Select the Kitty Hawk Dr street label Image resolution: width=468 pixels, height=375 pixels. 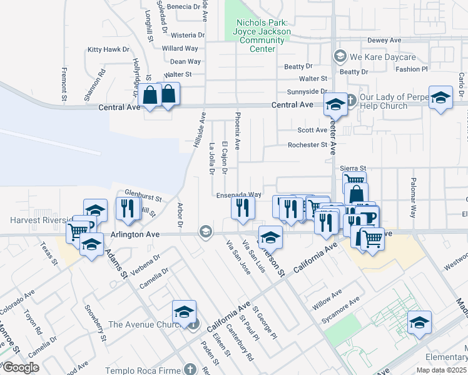tap(108, 49)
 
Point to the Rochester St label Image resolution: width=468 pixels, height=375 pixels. tap(307, 145)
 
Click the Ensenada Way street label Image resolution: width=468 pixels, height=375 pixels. tap(238, 195)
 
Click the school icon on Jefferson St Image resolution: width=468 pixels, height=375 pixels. tap(270, 237)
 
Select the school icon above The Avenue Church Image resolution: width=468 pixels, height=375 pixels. tap(185, 311)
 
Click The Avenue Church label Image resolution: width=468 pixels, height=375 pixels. tap(148, 324)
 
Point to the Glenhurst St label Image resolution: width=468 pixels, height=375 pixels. tap(143, 199)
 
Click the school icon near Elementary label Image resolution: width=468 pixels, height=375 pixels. tap(419, 322)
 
